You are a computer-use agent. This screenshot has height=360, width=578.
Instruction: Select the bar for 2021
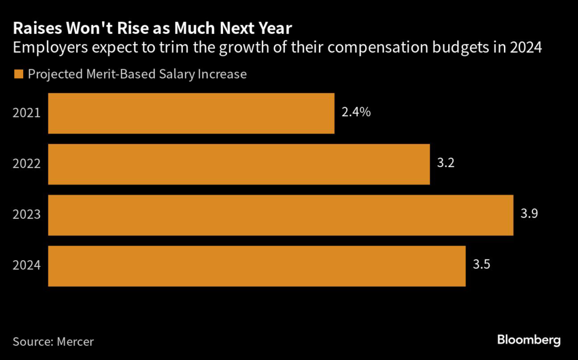click(191, 113)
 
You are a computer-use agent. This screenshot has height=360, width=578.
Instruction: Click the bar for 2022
click(239, 164)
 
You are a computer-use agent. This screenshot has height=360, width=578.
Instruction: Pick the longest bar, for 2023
click(281, 215)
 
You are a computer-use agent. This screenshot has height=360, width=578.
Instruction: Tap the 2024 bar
click(257, 266)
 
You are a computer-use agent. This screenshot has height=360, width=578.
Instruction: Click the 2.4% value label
click(356, 112)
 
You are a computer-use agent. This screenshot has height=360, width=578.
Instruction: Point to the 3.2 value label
click(445, 164)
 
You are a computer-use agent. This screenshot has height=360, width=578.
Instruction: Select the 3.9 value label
click(529, 214)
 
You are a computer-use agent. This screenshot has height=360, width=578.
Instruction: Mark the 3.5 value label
click(481, 265)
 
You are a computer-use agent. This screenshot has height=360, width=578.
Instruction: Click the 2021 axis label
click(27, 113)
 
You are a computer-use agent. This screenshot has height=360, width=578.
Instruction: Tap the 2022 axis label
click(27, 164)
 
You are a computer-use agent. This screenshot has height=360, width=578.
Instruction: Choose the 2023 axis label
click(27, 215)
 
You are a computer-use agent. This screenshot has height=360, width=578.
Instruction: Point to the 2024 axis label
click(27, 266)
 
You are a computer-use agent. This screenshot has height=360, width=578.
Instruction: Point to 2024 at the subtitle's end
click(527, 48)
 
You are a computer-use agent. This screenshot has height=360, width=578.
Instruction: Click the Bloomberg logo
click(529, 340)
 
